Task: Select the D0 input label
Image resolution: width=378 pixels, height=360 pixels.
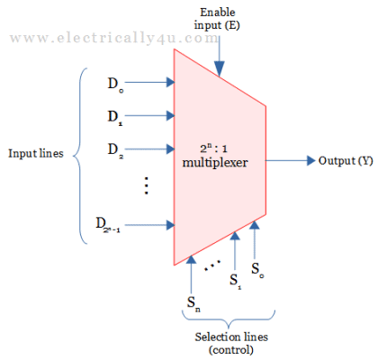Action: tap(115, 84)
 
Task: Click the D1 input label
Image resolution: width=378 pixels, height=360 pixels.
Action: tap(115, 115)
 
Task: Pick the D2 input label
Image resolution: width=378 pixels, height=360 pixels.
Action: tap(115, 148)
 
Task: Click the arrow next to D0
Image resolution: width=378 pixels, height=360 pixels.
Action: tap(153, 83)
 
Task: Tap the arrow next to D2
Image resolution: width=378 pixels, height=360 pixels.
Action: tap(153, 147)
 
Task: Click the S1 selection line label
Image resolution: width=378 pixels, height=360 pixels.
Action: tap(236, 279)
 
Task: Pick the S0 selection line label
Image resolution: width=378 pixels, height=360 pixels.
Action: tap(258, 267)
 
